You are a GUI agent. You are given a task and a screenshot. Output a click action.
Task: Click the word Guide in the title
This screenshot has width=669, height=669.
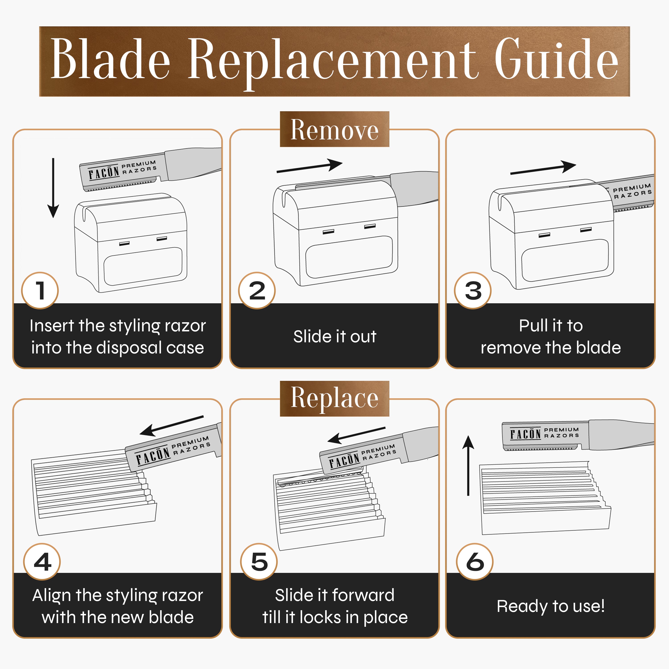(556, 60)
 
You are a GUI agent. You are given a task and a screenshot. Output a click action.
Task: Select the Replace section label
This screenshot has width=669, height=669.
(334, 399)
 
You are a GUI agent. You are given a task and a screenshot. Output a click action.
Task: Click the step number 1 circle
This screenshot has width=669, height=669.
(40, 291)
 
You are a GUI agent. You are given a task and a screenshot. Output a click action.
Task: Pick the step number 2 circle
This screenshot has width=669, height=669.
(257, 291)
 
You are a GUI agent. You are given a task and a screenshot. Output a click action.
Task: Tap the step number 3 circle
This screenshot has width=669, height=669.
(473, 291)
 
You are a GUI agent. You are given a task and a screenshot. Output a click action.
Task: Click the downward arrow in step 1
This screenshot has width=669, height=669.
(53, 188)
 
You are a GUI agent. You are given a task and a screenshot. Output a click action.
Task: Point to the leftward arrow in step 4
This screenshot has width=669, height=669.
(172, 425)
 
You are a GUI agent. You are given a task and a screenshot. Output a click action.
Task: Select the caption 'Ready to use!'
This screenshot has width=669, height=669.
(551, 606)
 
